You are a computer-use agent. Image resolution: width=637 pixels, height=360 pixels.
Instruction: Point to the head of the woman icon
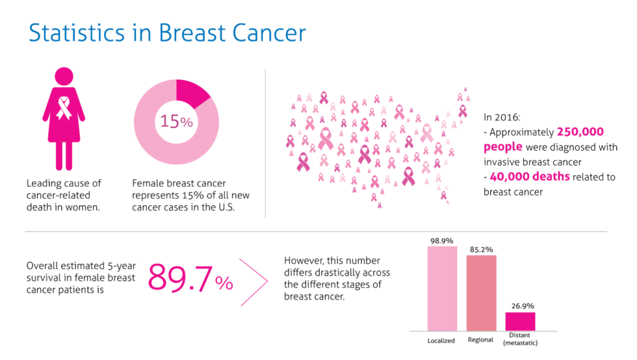click(64, 76)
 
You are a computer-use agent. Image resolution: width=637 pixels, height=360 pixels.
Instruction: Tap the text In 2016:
click(502, 118)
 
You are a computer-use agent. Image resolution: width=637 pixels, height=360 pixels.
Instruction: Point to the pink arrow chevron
click(255, 282)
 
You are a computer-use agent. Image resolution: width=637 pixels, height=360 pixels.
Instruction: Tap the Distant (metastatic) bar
click(520, 321)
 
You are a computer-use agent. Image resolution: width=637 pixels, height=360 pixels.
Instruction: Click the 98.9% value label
click(441, 240)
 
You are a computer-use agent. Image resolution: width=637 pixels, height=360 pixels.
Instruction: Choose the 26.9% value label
click(520, 305)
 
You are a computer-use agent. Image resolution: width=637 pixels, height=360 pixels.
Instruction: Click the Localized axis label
click(441, 341)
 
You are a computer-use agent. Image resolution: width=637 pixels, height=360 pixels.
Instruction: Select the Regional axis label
click(481, 340)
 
